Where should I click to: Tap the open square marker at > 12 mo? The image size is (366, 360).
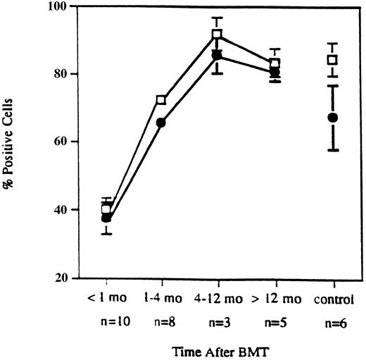pos(274,63)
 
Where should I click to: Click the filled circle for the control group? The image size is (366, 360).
pos(333,117)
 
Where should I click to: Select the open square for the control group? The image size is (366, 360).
pos(333,60)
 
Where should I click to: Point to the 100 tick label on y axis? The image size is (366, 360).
pos(59,7)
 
